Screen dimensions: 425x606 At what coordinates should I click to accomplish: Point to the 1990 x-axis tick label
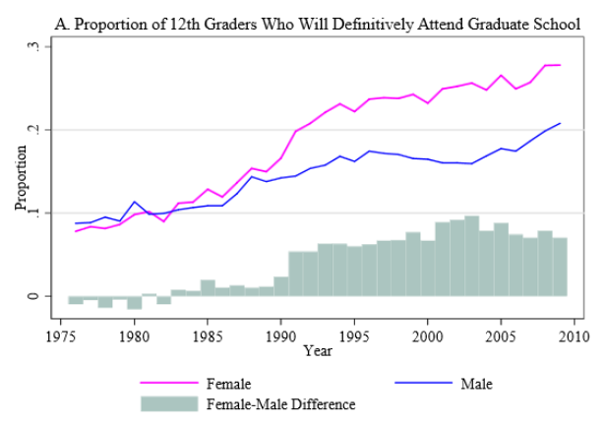(x=281, y=335)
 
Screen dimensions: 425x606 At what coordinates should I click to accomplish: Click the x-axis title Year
(x=318, y=350)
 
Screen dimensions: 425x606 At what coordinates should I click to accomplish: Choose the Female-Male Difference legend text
(x=280, y=403)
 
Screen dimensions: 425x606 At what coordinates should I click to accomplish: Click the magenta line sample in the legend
(x=168, y=384)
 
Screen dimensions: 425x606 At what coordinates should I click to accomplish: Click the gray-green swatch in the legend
(x=168, y=403)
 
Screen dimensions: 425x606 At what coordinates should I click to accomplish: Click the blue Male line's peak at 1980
(x=135, y=202)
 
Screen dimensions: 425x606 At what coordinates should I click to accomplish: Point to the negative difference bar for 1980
(x=135, y=302)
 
